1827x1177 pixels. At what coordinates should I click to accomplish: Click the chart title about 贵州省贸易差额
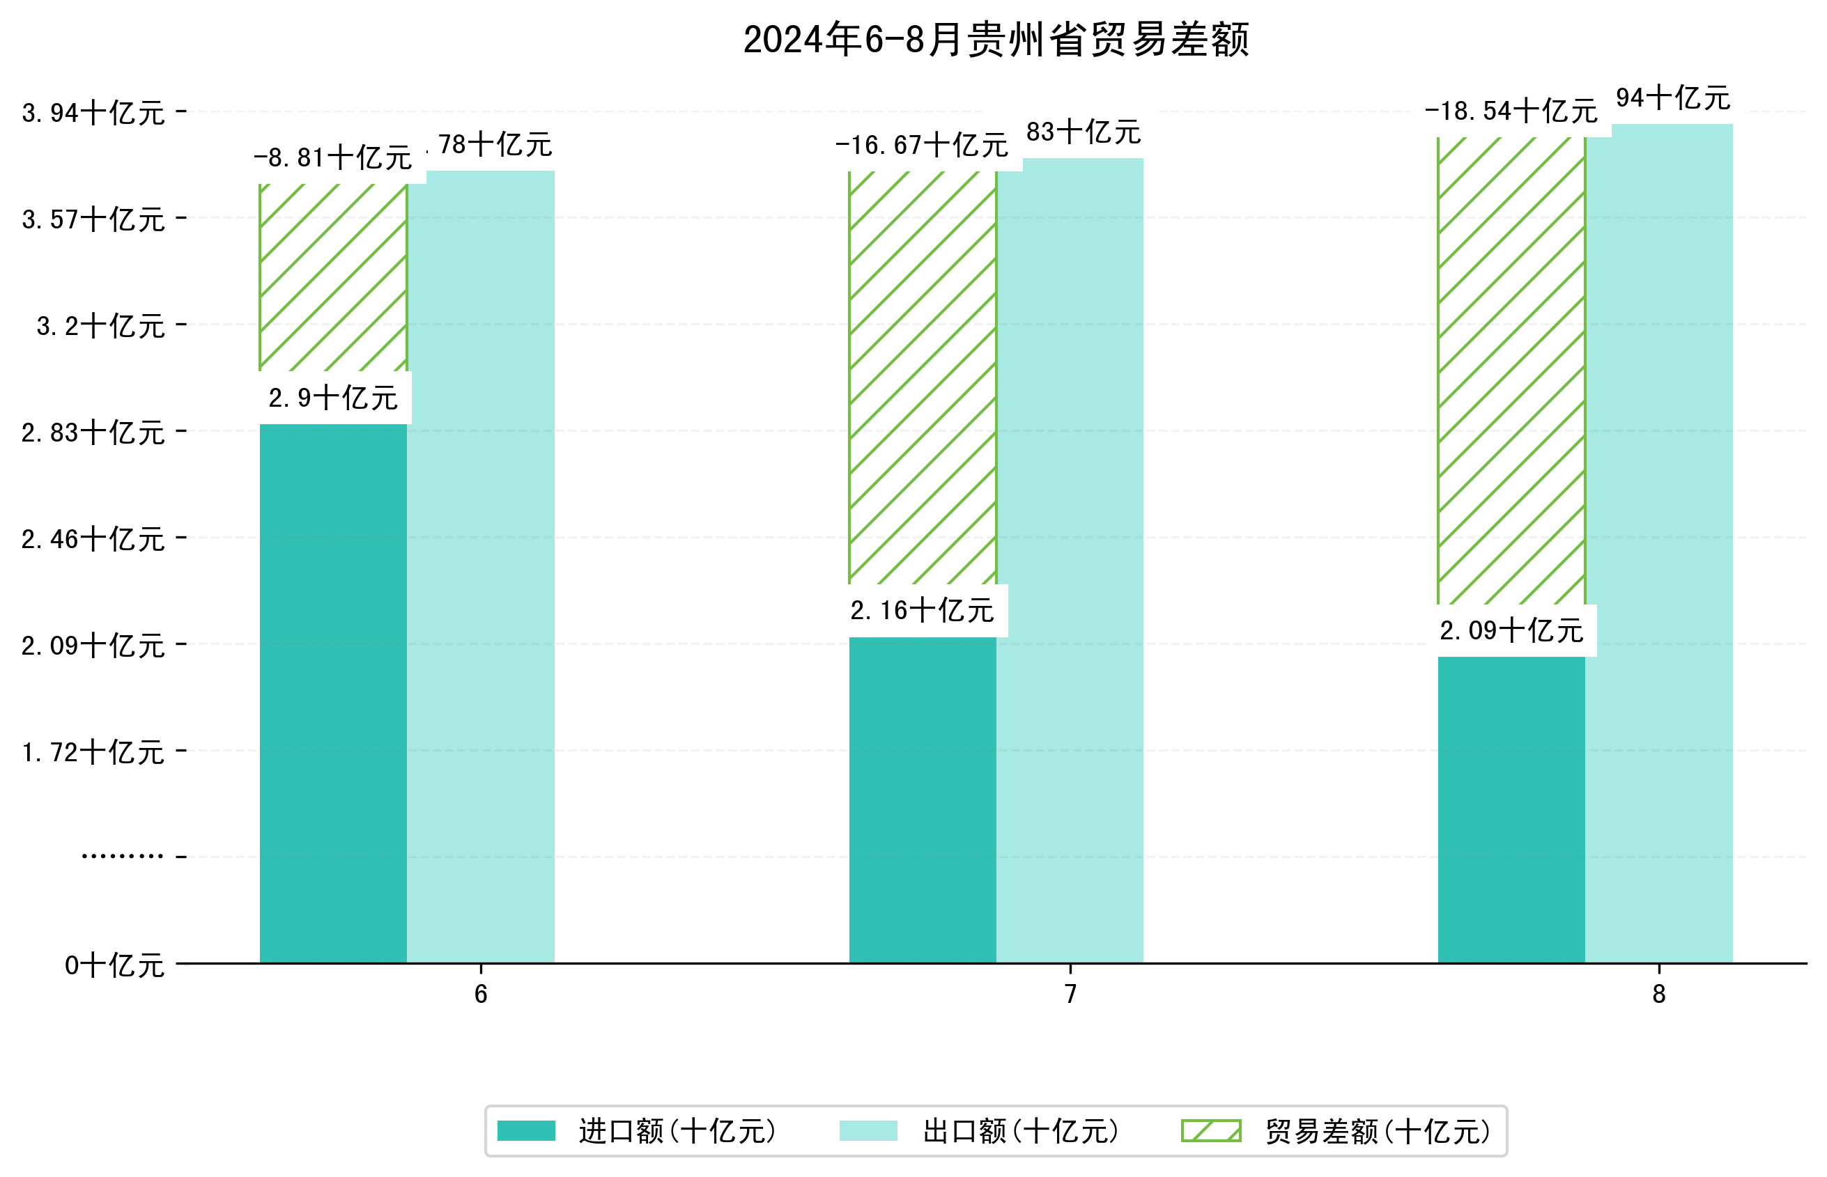coord(995,40)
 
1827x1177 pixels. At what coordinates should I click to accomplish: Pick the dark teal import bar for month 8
coord(1511,809)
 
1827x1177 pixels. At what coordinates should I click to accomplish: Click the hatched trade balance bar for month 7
coord(922,377)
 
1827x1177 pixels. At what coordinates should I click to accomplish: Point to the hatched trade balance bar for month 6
coord(333,277)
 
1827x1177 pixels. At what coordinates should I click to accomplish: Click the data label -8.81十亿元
coord(333,158)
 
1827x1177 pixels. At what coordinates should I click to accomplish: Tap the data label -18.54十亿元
coord(1511,111)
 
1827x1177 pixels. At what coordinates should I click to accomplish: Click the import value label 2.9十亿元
coord(333,398)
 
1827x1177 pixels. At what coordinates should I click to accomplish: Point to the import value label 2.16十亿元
coord(922,611)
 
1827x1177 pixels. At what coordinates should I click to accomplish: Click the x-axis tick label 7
coord(1070,995)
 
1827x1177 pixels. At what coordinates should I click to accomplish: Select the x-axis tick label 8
coord(1659,995)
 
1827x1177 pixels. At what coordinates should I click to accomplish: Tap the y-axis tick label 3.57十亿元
coord(93,220)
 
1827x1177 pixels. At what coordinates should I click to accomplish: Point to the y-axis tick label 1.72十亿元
coord(93,753)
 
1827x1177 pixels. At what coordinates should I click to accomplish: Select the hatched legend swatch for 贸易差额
coord(1211,1131)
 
